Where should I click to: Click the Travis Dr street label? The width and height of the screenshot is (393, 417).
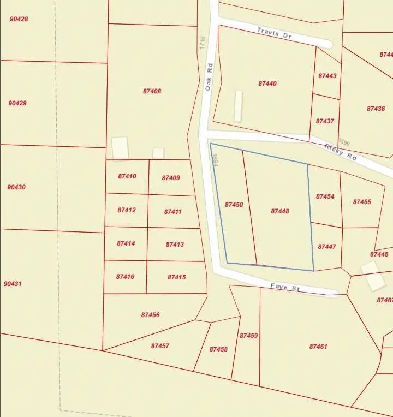[x=275, y=33]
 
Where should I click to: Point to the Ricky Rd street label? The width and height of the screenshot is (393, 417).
[x=341, y=151]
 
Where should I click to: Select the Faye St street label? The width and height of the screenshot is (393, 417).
[x=285, y=287]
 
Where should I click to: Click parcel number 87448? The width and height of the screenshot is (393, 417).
[x=280, y=211]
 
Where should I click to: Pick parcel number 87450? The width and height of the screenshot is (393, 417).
[x=234, y=205]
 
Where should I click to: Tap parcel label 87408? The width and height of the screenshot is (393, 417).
[x=152, y=91]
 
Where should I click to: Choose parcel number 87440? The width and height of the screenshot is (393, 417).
[x=267, y=84]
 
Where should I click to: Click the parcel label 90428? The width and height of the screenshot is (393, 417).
[x=19, y=19]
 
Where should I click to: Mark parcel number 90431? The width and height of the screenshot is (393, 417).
[x=13, y=284]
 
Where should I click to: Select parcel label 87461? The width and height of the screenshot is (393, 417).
[x=318, y=346]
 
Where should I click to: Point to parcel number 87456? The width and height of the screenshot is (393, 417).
[x=150, y=315]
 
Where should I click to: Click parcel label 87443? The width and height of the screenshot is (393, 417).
[x=327, y=76]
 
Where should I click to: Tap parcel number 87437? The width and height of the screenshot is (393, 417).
[x=325, y=121]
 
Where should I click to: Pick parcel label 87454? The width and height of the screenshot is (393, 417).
[x=325, y=196]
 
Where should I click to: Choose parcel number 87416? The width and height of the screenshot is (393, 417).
[x=125, y=277]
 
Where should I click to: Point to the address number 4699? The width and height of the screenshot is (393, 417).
[x=344, y=143]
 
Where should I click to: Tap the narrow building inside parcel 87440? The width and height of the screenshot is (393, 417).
[x=238, y=106]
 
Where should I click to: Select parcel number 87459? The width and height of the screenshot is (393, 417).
[x=248, y=336]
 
